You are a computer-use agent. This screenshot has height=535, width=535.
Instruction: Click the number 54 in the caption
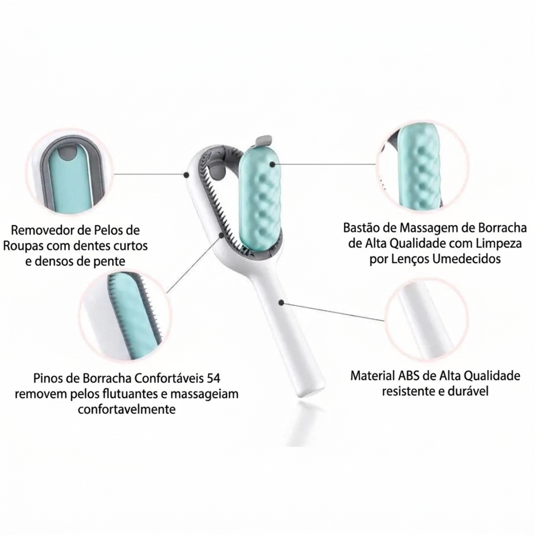tap(214, 378)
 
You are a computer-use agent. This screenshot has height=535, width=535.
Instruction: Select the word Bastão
tap(360, 227)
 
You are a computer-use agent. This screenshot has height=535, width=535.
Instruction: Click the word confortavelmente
tap(126, 409)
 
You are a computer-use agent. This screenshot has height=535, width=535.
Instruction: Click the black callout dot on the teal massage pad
tap(272, 164)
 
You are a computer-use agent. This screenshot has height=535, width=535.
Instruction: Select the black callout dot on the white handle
tap(281, 303)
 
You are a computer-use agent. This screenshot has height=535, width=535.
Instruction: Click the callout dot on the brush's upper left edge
tap(187, 175)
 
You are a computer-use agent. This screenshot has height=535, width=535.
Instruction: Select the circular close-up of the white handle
tap(426, 320)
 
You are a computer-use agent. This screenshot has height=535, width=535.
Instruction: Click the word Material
tap(373, 376)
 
